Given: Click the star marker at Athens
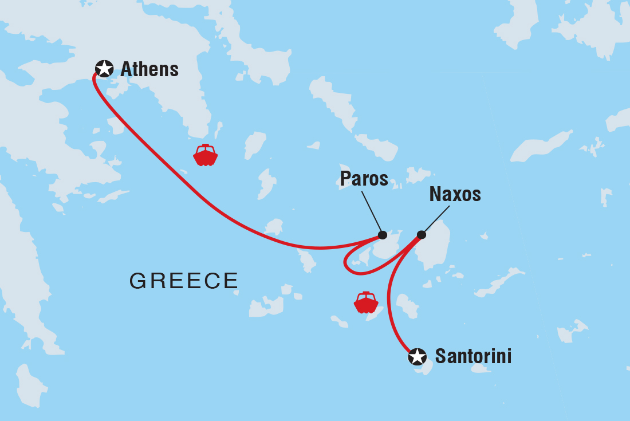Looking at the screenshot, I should (x=104, y=69).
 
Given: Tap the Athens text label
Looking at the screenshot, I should (x=149, y=69).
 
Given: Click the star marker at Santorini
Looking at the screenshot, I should (x=418, y=356).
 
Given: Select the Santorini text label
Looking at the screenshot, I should (x=473, y=356).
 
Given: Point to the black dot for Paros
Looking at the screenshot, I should (x=383, y=235).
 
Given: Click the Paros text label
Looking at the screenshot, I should (x=364, y=179).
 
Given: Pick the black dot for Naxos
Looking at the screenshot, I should (x=422, y=234).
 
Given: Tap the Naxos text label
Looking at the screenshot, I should (x=455, y=195).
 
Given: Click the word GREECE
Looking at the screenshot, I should (x=183, y=281).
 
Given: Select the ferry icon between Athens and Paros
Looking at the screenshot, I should (x=206, y=155).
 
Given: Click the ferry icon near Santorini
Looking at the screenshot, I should (x=366, y=302).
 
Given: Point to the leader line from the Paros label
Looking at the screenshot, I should (x=372, y=212).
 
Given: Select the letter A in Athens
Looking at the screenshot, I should (x=126, y=69).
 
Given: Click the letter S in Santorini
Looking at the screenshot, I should (x=440, y=356).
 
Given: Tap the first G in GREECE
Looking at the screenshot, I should (x=136, y=281).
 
